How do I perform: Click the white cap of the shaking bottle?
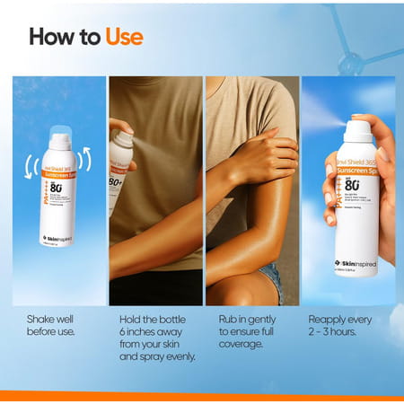point(59,140)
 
